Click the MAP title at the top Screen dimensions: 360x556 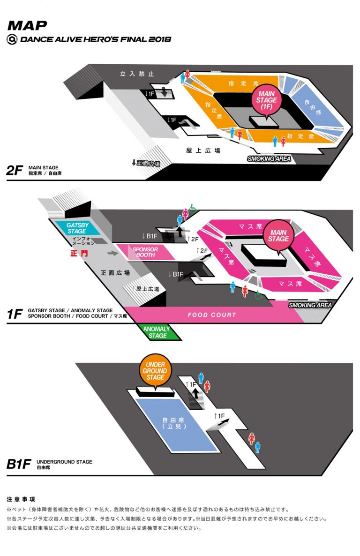(27, 25)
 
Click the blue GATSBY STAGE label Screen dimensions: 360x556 (77, 228)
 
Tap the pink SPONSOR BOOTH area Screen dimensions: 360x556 (145, 252)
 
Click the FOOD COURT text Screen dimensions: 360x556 (212, 315)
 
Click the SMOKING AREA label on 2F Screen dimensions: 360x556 (269, 159)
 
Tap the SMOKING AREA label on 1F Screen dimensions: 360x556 (310, 305)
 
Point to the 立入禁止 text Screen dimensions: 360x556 (137, 74)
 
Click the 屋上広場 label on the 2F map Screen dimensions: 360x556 (203, 150)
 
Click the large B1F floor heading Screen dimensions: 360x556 (19, 464)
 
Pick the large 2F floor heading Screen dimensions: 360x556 (15, 170)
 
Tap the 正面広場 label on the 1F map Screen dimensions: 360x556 (115, 272)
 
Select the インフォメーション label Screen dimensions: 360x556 (84, 240)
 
